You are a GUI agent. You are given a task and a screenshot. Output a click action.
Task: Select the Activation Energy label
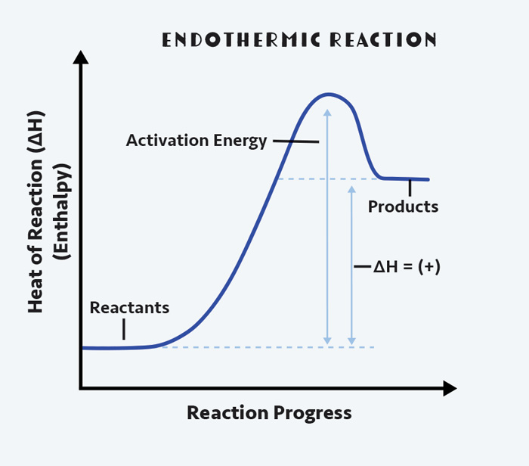(196, 140)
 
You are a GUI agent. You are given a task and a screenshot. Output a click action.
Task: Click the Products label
(403, 206)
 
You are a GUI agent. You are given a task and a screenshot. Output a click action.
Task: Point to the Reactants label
(129, 308)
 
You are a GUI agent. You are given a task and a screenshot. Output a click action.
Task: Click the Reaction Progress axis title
(269, 413)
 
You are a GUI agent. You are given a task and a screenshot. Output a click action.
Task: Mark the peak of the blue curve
(327, 95)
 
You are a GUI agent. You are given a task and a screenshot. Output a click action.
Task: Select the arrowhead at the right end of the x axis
(450, 389)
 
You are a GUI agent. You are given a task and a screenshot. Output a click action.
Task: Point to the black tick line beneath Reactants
(124, 329)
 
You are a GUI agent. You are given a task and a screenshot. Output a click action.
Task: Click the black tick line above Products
(410, 187)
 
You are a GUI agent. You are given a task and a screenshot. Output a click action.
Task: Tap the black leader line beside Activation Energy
(295, 141)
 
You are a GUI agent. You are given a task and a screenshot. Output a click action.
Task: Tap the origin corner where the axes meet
(81, 389)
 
